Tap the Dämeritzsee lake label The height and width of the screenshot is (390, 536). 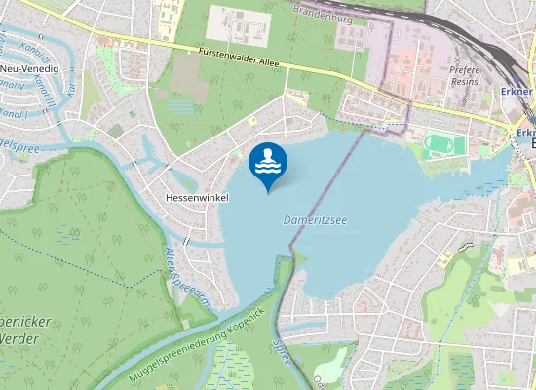tap(316, 220)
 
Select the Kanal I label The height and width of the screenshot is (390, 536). tap(15, 113)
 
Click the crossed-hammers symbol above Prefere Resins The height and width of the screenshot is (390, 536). tap(461, 60)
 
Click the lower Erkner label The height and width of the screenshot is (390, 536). tap(526, 133)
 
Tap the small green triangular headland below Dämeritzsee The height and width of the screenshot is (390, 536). tap(296, 259)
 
